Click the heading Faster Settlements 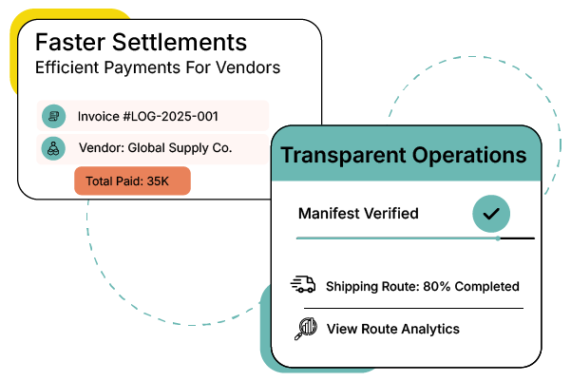click(x=141, y=43)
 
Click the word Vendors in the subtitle click(x=249, y=68)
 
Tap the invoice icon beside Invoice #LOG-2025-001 click(x=53, y=116)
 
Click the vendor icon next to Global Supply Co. click(x=53, y=148)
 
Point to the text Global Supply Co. click(x=181, y=148)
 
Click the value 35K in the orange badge click(x=158, y=181)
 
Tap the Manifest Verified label click(x=358, y=214)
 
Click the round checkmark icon click(x=491, y=214)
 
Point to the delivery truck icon click(x=303, y=285)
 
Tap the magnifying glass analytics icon click(x=304, y=329)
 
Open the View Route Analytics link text click(x=392, y=329)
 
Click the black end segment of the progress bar click(x=517, y=238)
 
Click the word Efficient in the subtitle click(x=69, y=68)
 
